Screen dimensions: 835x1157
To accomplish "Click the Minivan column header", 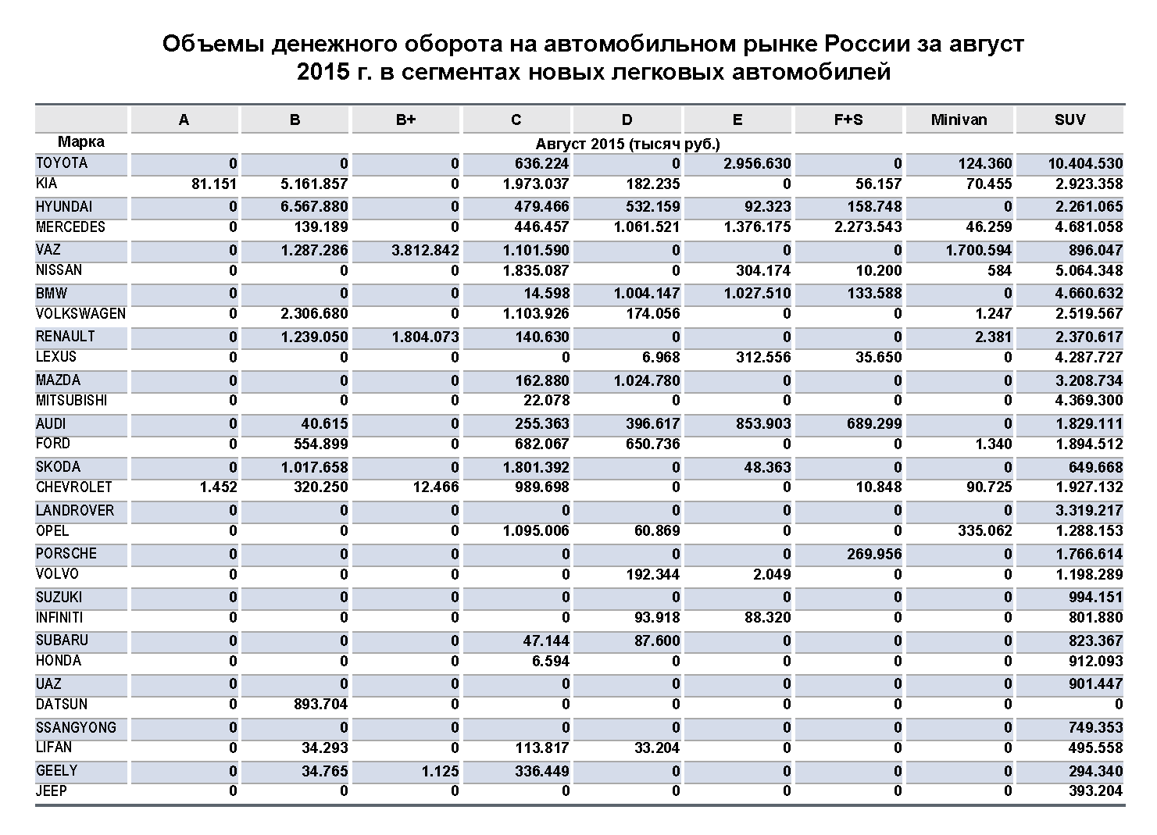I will (959, 120).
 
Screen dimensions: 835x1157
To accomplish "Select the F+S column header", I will (848, 120).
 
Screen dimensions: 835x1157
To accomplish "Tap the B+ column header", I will (405, 120).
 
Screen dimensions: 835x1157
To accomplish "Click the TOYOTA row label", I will (62, 163).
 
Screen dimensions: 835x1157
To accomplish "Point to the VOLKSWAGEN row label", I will (80, 314).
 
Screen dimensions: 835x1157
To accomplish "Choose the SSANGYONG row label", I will (76, 727).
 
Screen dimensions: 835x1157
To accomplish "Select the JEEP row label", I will (52, 790).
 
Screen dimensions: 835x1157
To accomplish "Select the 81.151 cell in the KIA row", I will (213, 184).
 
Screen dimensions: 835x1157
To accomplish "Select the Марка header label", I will (80, 142).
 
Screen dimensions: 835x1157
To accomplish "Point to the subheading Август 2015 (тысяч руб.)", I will (627, 144).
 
